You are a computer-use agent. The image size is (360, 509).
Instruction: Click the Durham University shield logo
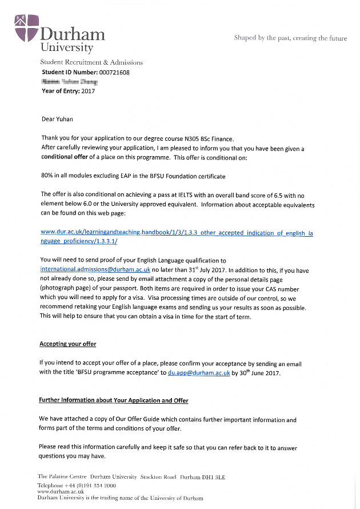click(x=25, y=29)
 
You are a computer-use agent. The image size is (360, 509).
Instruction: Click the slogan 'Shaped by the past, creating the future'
click(x=290, y=38)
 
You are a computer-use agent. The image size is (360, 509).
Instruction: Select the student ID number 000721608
click(x=114, y=73)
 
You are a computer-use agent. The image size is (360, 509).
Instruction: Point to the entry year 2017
click(x=88, y=91)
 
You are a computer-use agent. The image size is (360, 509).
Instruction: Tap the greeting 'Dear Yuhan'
click(x=57, y=119)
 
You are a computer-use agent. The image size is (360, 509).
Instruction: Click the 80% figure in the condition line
click(x=49, y=176)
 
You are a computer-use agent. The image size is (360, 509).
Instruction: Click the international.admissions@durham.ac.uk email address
click(x=95, y=269)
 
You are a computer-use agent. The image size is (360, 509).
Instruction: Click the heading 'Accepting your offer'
click(x=67, y=344)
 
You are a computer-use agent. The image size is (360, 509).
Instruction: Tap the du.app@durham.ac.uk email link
click(x=198, y=373)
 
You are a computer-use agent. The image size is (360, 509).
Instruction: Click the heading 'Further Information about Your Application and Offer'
click(x=113, y=400)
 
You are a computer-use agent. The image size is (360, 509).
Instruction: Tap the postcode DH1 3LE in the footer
click(x=212, y=476)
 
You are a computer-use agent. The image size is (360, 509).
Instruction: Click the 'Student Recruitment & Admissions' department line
click(x=91, y=62)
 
